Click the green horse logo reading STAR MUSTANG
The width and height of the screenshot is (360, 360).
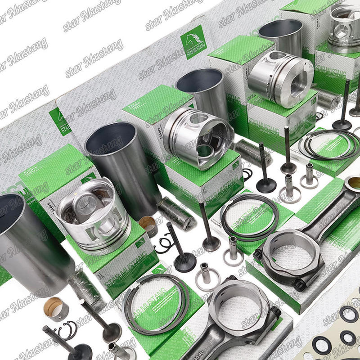point(193,42)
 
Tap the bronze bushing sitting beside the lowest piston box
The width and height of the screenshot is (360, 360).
point(147,225)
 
